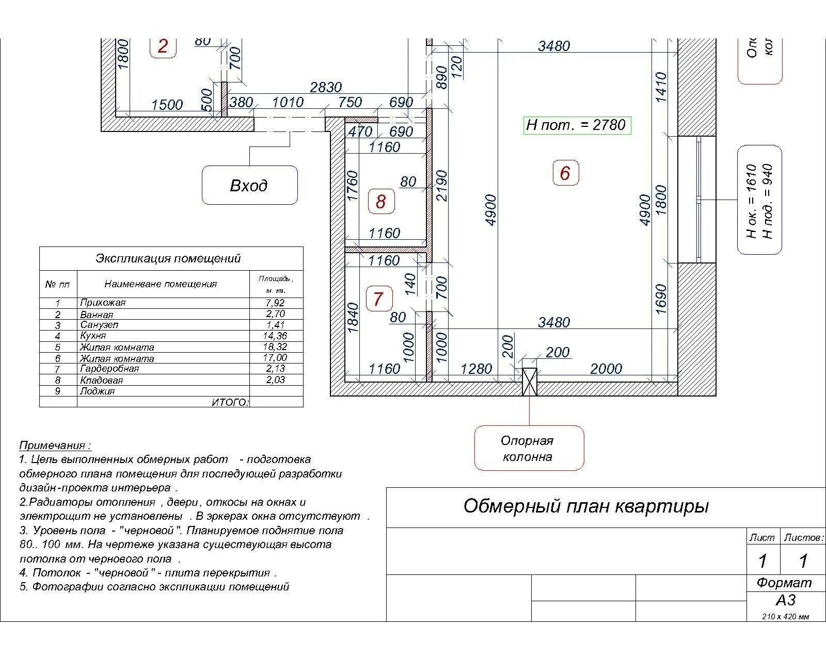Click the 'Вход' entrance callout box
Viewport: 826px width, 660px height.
tap(249, 185)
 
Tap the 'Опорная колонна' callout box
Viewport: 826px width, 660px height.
tap(529, 448)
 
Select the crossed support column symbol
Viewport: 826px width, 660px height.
tap(529, 382)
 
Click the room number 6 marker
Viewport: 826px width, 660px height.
tap(565, 173)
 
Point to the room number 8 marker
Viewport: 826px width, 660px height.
tap(380, 201)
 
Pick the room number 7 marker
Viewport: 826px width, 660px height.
tap(378, 299)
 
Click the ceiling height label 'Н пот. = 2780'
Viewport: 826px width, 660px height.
tap(577, 125)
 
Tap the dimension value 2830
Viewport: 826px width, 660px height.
tap(326, 87)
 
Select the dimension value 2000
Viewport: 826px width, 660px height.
tap(606, 369)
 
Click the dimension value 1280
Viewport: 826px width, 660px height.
tap(476, 369)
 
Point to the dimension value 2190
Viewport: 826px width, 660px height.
tap(442, 186)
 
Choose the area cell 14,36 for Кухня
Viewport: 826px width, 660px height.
tap(275, 336)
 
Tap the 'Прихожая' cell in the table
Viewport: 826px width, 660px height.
tap(103, 303)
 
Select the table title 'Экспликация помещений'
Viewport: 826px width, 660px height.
tap(168, 258)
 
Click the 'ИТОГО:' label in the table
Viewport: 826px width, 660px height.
tap(230, 402)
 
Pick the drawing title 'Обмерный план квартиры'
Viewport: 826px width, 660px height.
tap(586, 506)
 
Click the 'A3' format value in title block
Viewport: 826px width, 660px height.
tap(785, 600)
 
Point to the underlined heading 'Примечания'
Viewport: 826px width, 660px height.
tap(55, 445)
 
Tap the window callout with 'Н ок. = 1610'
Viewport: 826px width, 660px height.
tap(759, 200)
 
